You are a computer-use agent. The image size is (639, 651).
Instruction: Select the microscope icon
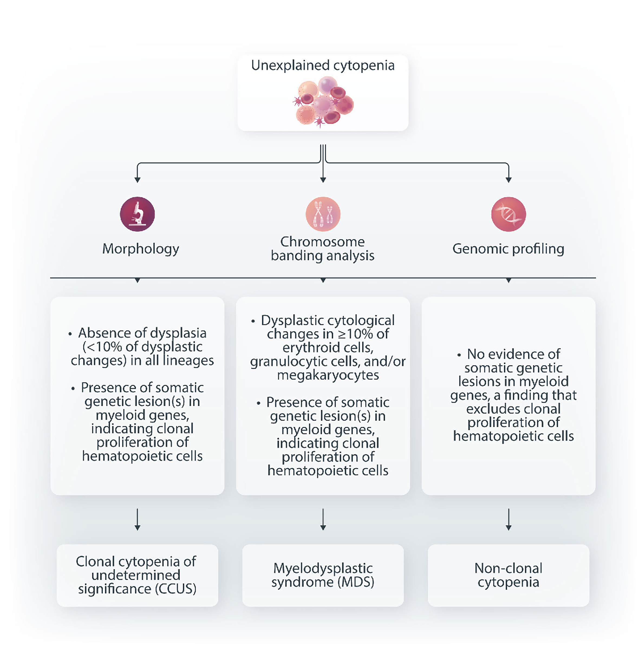pyautogui.click(x=137, y=214)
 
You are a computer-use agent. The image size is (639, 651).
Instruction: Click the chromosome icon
pyautogui.click(x=323, y=214)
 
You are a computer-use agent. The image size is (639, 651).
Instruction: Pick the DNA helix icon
pyautogui.click(x=508, y=214)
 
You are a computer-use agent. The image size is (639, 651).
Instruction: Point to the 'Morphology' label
pyautogui.click(x=141, y=249)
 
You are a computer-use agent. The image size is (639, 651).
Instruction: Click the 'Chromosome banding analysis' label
pyautogui.click(x=322, y=249)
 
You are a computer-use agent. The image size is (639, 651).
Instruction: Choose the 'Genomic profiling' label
pyautogui.click(x=508, y=249)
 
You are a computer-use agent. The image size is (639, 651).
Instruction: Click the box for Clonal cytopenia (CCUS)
pyautogui.click(x=137, y=575)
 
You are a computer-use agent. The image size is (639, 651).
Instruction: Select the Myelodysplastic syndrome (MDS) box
pyautogui.click(x=323, y=575)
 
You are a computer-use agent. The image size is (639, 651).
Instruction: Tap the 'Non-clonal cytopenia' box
pyautogui.click(x=508, y=575)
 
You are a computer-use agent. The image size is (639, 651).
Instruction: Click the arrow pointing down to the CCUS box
pyautogui.click(x=137, y=519)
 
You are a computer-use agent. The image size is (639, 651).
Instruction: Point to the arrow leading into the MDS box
pyautogui.click(x=323, y=519)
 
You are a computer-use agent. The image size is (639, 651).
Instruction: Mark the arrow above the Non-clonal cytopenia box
pyautogui.click(x=508, y=519)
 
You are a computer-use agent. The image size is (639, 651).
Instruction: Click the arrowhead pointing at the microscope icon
pyautogui.click(x=137, y=180)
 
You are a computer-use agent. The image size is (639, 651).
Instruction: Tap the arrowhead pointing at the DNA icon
pyautogui.click(x=508, y=180)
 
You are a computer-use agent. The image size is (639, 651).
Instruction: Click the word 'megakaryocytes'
pyautogui.click(x=328, y=375)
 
